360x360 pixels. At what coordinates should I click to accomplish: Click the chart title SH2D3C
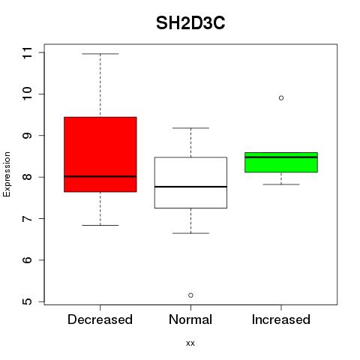190,23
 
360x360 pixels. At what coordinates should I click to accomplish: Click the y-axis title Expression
7,174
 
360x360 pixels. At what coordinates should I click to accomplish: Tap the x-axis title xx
190,343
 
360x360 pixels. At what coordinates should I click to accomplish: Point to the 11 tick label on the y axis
27,52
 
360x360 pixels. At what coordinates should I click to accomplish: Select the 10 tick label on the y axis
27,94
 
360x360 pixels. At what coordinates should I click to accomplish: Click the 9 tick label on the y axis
27,136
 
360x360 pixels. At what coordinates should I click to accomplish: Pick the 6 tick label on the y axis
27,260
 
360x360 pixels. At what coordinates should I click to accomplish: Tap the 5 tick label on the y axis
27,301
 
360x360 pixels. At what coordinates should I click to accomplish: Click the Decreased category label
100,319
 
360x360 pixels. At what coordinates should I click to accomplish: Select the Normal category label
190,319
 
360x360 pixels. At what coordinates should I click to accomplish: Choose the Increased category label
281,319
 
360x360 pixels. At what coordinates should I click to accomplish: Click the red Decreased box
100,154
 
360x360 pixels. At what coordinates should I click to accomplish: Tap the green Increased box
281,162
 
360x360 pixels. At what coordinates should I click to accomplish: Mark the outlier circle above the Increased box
281,98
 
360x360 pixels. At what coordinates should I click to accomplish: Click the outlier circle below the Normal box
190,295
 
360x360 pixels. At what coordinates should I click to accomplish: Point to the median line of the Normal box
190,187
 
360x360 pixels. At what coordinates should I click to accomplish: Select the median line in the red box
100,176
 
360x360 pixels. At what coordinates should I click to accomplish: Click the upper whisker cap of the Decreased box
100,54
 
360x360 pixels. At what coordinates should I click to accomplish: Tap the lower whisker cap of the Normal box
190,233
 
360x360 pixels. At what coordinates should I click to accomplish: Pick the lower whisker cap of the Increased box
281,184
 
